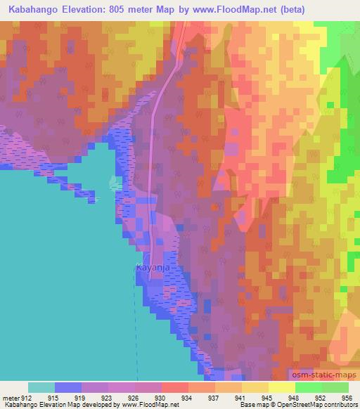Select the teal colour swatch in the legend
41,387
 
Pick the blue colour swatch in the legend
68,387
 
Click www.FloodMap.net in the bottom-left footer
150,405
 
